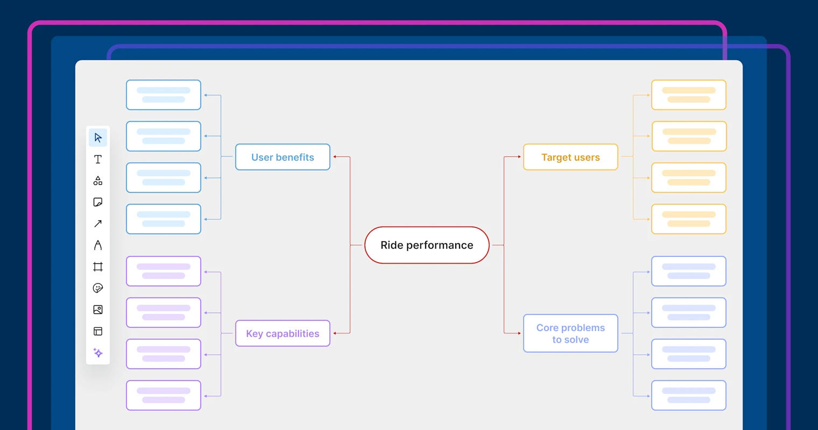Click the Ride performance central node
pos(427,245)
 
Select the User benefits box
pos(283,157)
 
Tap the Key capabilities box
pos(283,333)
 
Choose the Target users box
pos(570,157)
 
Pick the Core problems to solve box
pos(570,333)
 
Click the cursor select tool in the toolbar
pos(98,138)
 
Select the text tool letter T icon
pos(98,159)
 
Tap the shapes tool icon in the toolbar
pos(98,181)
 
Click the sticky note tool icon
pos(98,202)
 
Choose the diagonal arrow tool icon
pos(98,224)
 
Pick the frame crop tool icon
pos(98,267)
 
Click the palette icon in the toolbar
pos(98,288)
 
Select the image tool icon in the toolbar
pos(98,310)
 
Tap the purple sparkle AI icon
pos(98,353)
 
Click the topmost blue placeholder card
pos(164,95)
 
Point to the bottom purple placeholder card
pos(164,395)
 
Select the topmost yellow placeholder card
pos(689,95)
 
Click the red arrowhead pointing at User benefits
pos(335,157)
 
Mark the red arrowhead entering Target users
pos(519,157)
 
